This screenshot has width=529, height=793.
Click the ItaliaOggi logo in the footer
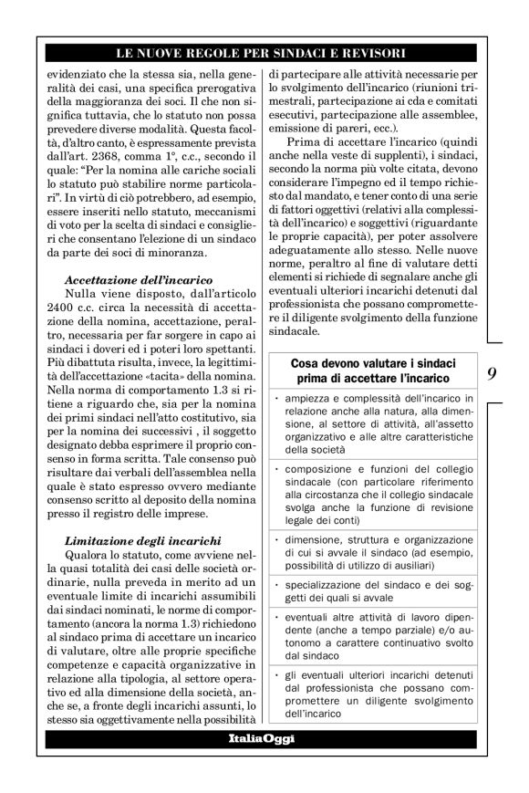[x=261, y=738]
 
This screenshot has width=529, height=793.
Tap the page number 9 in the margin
[x=492, y=372]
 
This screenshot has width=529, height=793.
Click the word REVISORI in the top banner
[x=372, y=54]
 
